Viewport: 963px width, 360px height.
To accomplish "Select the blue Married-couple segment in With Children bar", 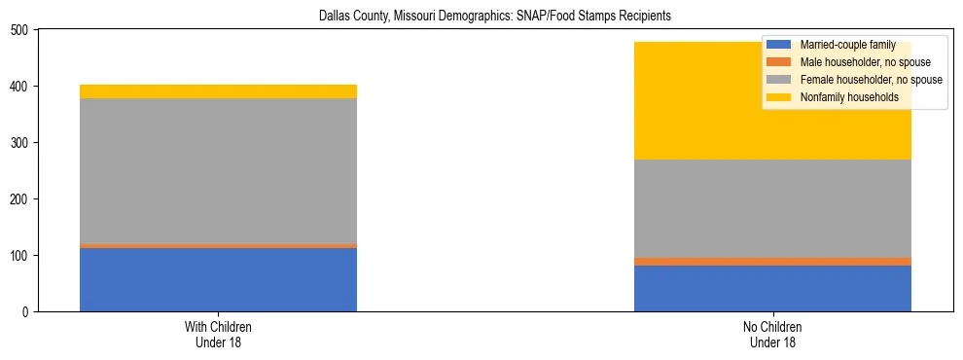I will click(218, 279).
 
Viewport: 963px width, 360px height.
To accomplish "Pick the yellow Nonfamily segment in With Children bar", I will click(218, 91).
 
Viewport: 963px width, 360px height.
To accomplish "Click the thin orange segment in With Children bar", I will click(218, 245).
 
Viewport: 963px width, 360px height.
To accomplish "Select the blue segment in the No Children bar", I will click(772, 288).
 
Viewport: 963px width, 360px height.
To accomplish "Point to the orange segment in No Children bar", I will click(772, 262).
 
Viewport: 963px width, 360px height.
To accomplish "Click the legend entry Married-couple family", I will click(847, 45).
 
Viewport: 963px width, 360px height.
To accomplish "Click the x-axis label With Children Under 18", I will click(218, 334).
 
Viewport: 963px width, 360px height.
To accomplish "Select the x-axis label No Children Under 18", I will click(772, 334).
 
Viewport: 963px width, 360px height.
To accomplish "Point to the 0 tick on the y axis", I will click(25, 311).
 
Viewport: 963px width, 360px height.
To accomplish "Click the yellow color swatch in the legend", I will click(779, 97).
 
